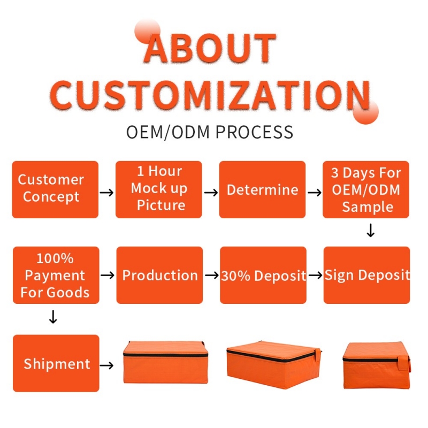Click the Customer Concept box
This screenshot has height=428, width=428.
click(x=55, y=189)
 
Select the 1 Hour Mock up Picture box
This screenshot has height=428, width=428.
click(x=158, y=189)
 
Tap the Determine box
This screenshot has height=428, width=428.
click(x=262, y=189)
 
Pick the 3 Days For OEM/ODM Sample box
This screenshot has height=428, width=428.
click(x=366, y=189)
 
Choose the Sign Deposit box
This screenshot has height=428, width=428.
click(x=366, y=275)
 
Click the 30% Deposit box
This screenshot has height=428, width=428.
click(x=263, y=275)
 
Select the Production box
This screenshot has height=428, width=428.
click(x=159, y=275)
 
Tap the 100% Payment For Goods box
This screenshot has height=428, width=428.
click(x=56, y=275)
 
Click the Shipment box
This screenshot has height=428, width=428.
click(x=56, y=363)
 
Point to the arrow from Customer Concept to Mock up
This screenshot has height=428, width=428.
click(x=106, y=193)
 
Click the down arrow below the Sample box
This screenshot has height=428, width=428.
click(x=370, y=231)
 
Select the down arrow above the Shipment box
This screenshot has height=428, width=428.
click(x=53, y=317)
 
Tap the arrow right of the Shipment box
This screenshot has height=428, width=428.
click(x=106, y=365)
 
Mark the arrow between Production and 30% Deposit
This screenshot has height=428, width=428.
click(x=212, y=275)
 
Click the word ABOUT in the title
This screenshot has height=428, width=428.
click(x=210, y=49)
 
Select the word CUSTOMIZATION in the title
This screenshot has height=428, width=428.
click(x=210, y=95)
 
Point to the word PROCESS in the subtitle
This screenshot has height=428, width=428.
click(x=255, y=132)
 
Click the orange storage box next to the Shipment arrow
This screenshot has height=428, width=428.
click(x=165, y=362)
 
